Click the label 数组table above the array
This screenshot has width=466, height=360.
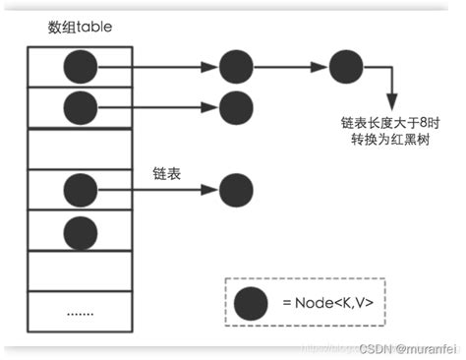[x=80, y=27]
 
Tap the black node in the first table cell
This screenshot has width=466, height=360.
[x=82, y=67]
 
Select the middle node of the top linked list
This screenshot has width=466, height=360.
[x=236, y=67]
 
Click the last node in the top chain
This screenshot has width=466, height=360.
[x=346, y=67]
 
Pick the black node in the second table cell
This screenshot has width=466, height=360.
[x=82, y=104]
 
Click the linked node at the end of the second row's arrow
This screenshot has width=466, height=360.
[x=236, y=104]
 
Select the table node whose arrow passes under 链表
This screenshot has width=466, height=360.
[x=82, y=187]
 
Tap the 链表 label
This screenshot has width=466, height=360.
[x=165, y=172]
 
